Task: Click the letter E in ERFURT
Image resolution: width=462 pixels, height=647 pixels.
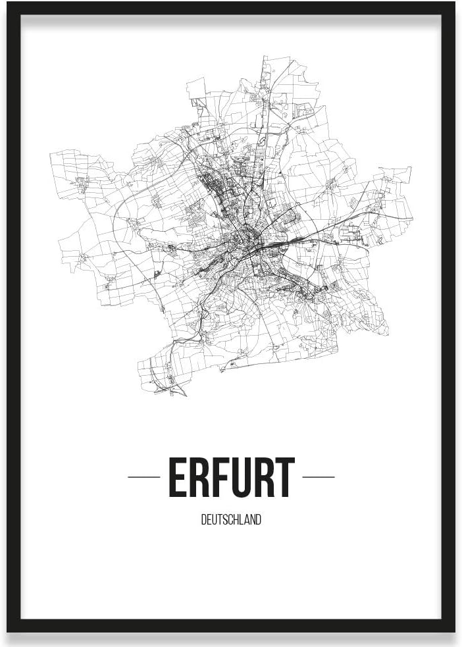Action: [x=178, y=478]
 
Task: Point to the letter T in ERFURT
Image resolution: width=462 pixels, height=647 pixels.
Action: [x=285, y=478]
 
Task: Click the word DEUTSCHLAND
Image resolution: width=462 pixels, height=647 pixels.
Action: [x=231, y=520]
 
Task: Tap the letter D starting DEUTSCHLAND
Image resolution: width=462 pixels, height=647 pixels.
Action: [x=203, y=520]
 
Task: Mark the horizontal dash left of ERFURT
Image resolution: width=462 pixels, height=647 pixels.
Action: [x=143, y=477]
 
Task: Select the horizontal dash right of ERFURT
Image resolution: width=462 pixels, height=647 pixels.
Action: [x=319, y=477]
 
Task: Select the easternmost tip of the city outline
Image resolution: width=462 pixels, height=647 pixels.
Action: [x=412, y=219]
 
